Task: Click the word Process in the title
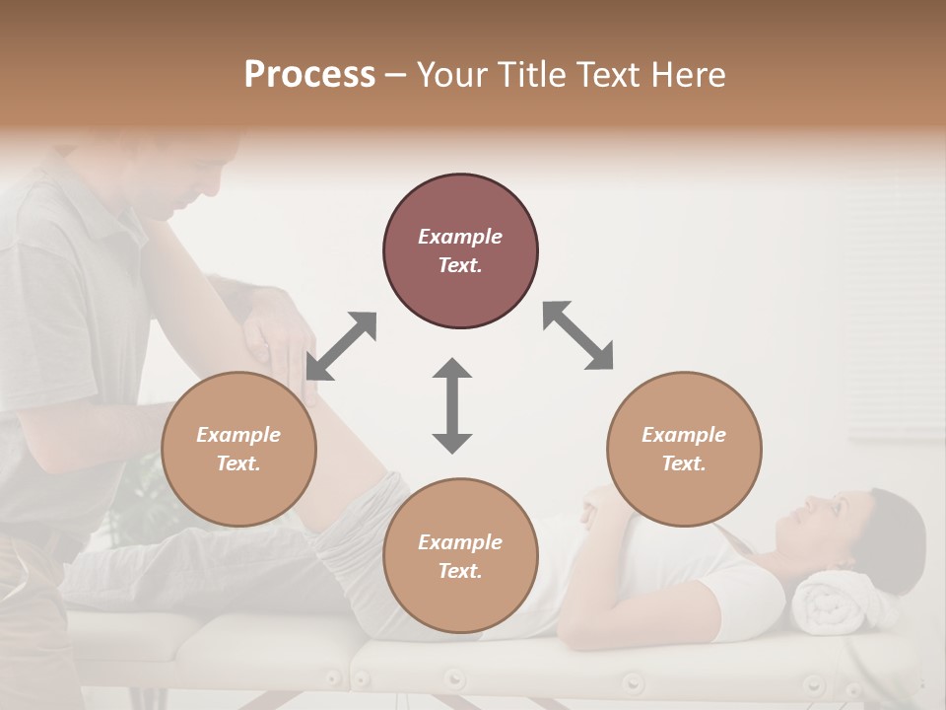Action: pyautogui.click(x=309, y=75)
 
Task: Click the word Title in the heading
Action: pyautogui.click(x=532, y=75)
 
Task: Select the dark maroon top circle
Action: pyautogui.click(x=460, y=251)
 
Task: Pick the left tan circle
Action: pyautogui.click(x=238, y=449)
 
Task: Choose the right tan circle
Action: pyautogui.click(x=684, y=449)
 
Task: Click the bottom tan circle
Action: pyautogui.click(x=460, y=556)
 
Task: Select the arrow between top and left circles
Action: pyautogui.click(x=341, y=346)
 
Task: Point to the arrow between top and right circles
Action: pyautogui.click(x=577, y=335)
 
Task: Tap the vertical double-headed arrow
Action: pyautogui.click(x=452, y=405)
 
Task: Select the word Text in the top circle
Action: pyautogui.click(x=460, y=266)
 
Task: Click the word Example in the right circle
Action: pyautogui.click(x=684, y=435)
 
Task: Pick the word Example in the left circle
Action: pyautogui.click(x=238, y=435)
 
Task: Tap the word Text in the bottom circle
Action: pyautogui.click(x=460, y=571)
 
